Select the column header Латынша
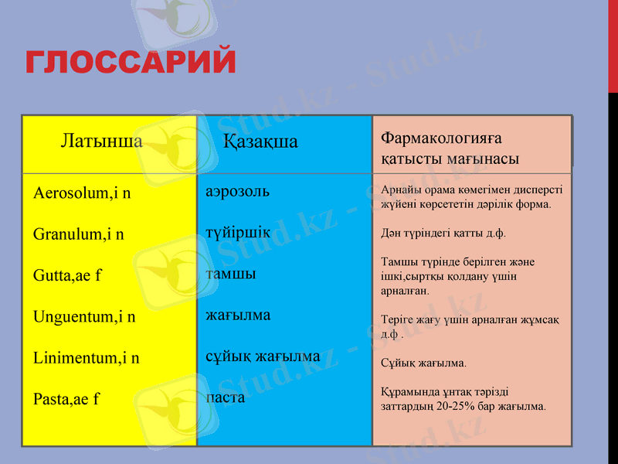[101, 142]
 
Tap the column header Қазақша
[260, 142]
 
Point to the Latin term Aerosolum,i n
[82, 193]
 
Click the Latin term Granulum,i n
[79, 234]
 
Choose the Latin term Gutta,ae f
[67, 275]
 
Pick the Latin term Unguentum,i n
[84, 316]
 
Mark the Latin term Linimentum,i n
[87, 358]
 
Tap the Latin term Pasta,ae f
[66, 400]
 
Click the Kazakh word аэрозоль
[237, 190]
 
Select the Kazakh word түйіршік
[238, 232]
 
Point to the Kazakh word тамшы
[231, 274]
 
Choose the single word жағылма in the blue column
[238, 315]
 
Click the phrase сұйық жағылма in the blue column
[263, 357]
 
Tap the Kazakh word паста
[226, 397]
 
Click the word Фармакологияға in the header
[441, 138]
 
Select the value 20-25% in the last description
[467, 405]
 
